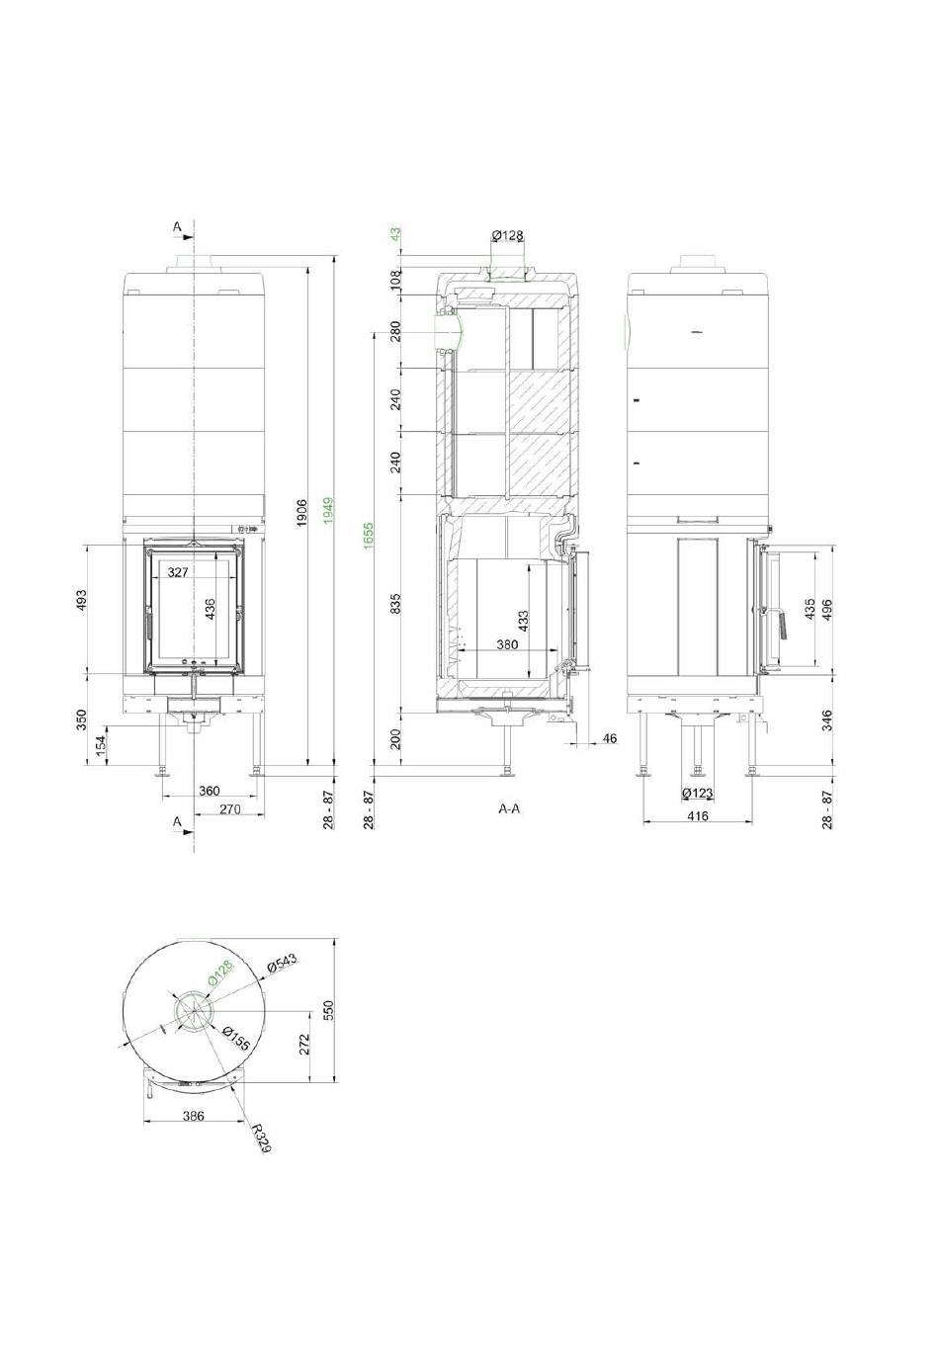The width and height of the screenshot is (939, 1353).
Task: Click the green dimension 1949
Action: tap(329, 511)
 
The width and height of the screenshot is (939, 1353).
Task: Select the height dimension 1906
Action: tap(302, 512)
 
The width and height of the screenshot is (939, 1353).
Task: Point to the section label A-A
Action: tap(509, 808)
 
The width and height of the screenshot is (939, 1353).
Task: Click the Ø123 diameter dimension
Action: tap(697, 793)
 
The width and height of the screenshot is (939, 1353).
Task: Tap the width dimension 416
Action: tap(698, 816)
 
